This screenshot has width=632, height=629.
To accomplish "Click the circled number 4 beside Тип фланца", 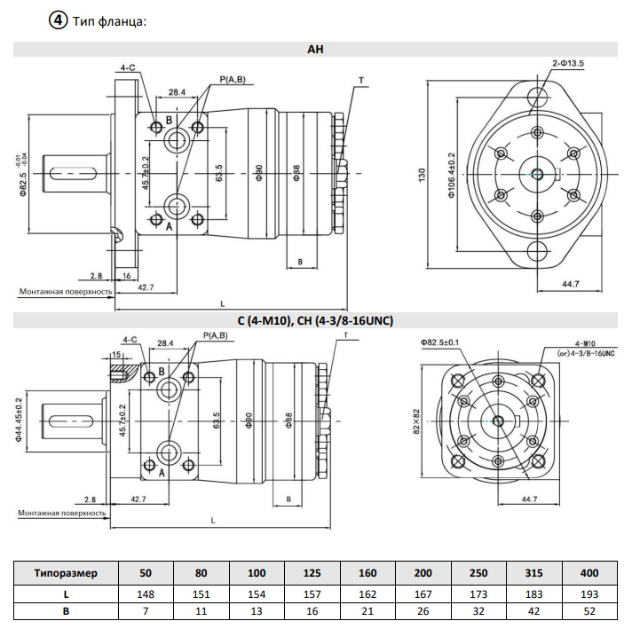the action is [x=58, y=20].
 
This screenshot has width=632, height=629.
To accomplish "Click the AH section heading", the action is [x=315, y=49].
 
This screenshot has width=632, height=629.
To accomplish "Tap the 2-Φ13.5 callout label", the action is [x=568, y=63].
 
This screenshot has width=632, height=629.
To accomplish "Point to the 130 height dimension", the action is [x=422, y=175].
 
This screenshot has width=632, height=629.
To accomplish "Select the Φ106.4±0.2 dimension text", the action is [x=451, y=175].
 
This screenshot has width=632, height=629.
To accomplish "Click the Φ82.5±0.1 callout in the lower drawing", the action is [x=439, y=342].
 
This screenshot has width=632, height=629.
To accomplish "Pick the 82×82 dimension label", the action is [x=416, y=421].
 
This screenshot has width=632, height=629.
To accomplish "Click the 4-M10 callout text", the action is [x=585, y=343].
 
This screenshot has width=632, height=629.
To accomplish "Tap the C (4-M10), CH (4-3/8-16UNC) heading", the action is [x=315, y=321].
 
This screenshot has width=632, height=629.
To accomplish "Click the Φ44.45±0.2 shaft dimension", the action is [x=19, y=420].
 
